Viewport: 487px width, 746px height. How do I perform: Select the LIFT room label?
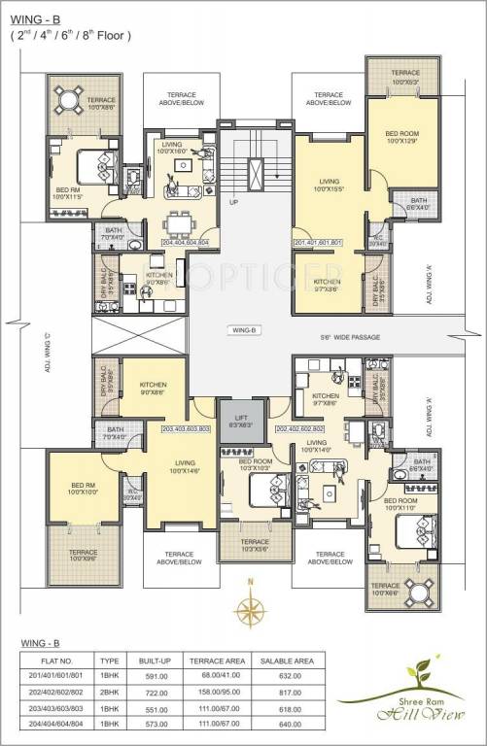click(241, 420)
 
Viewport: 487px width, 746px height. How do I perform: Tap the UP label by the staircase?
click(233, 204)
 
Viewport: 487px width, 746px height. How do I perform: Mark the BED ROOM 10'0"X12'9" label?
click(400, 137)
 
